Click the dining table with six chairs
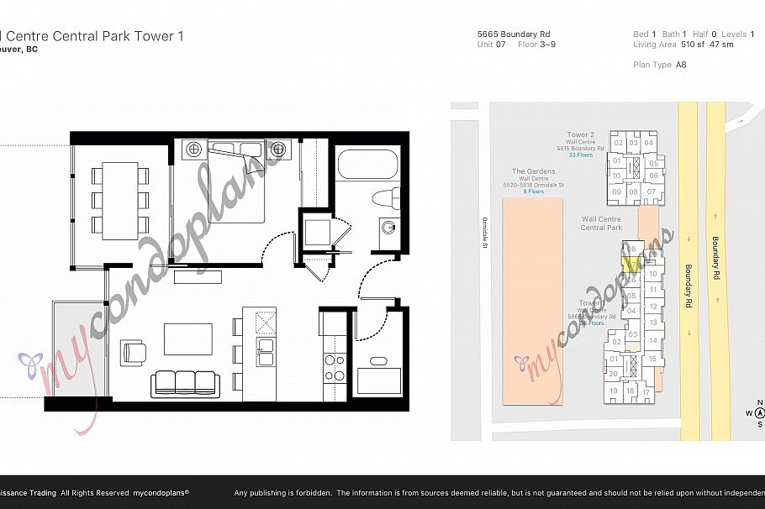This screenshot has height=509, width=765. (x=119, y=198)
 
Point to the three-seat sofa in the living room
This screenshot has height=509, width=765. (x=185, y=384)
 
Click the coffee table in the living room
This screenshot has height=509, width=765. (x=188, y=339)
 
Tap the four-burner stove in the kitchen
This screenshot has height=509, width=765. (x=334, y=369)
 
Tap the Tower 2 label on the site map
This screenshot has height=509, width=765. (x=580, y=135)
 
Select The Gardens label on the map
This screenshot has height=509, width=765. (x=533, y=171)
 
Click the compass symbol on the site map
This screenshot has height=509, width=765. (x=759, y=412)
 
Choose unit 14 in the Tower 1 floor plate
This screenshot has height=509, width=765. (x=653, y=341)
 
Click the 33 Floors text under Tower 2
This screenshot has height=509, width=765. (x=580, y=155)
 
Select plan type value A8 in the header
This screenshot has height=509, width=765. (x=681, y=65)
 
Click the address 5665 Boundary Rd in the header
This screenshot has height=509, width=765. (x=513, y=34)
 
